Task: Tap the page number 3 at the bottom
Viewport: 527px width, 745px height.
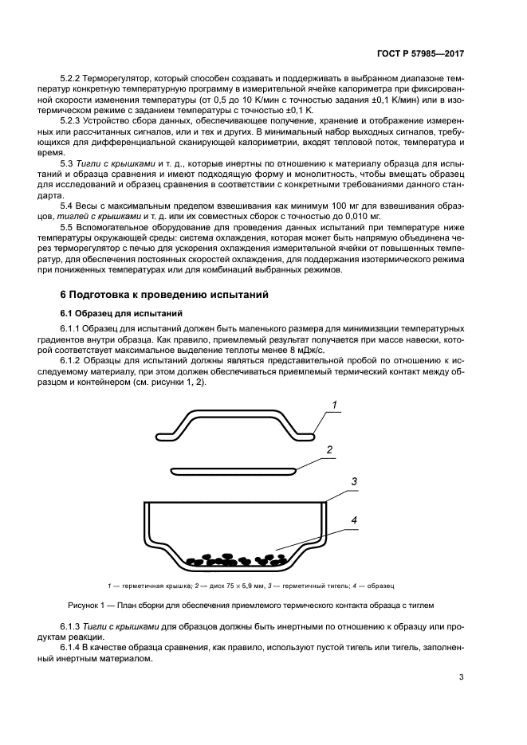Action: pyautogui.click(x=461, y=677)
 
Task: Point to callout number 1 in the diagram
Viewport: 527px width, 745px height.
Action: pyautogui.click(x=336, y=405)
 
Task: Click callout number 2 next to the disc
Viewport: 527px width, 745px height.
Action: pyautogui.click(x=329, y=449)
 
